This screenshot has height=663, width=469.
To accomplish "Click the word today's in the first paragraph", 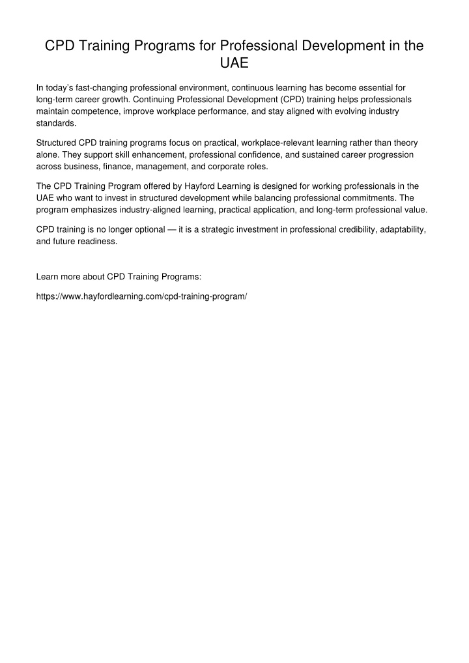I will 61,87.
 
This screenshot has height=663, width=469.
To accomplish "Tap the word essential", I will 377,87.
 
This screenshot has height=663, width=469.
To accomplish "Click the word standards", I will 56,124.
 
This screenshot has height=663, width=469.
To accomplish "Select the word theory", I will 403,142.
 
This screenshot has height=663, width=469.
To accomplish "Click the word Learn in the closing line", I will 48,277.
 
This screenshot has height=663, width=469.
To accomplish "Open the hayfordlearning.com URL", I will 141,295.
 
